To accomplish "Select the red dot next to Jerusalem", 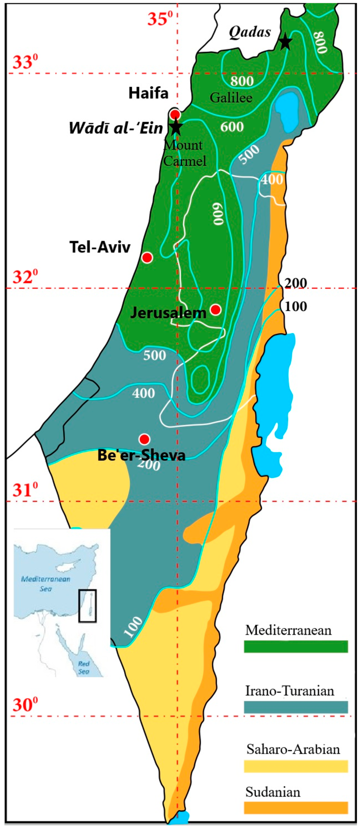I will [x=215, y=310].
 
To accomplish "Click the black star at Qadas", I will [x=285, y=42].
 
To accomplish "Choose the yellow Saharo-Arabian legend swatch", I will [x=296, y=766].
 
